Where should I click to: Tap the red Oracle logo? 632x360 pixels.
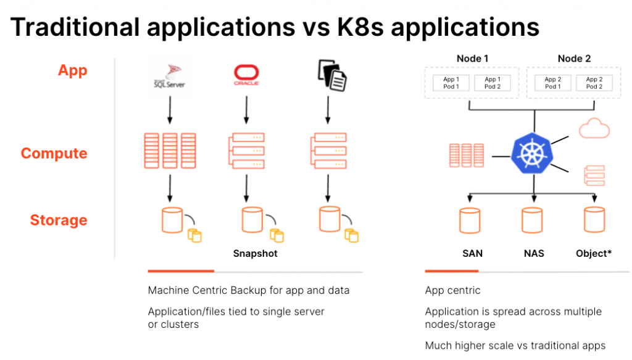coord(246,75)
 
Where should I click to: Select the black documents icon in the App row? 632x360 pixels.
coord(331,74)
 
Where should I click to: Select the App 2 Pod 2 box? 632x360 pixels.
coord(594,83)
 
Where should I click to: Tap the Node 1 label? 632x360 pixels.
coord(472,59)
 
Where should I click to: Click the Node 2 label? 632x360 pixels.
coord(573,59)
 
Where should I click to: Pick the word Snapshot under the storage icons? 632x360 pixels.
coord(255,254)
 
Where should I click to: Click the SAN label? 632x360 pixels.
coord(472,254)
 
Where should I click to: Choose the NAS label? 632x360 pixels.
coord(533,254)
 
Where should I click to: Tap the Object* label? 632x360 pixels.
coord(593,254)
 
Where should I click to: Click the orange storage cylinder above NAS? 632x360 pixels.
coord(533,220)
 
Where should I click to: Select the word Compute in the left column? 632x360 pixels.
coord(54,153)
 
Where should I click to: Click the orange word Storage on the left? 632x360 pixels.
coord(59,220)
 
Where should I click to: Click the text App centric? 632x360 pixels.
coord(452,290)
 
